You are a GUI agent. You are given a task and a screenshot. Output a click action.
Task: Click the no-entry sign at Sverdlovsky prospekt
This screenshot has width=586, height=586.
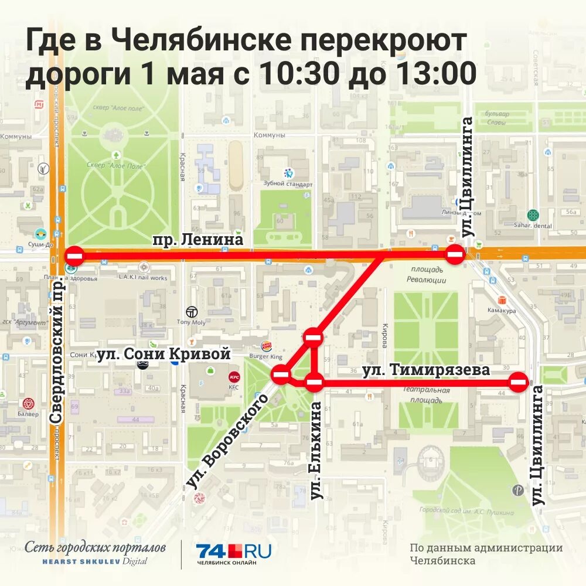point(75,255)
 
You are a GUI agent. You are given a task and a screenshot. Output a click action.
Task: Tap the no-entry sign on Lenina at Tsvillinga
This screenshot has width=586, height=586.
point(456,254)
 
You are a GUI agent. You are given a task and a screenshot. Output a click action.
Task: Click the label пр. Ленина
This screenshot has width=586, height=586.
point(197,240)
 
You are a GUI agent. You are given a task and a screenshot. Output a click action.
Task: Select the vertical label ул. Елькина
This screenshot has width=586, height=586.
point(316,450)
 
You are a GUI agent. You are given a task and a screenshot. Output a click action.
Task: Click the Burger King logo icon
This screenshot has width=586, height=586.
point(268,347)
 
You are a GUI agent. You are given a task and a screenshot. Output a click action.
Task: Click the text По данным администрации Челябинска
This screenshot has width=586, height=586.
point(486,554)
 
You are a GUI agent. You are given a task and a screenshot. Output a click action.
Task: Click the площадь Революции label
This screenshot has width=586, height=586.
point(426,274)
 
